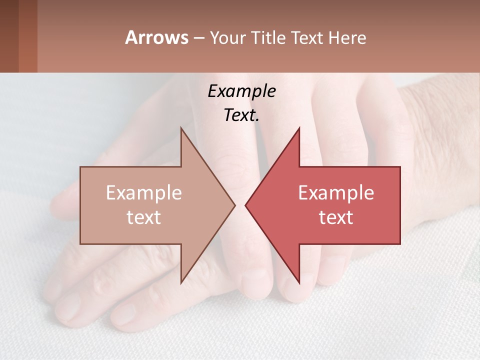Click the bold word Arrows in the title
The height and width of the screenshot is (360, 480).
(x=156, y=37)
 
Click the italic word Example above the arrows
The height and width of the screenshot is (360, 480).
(x=241, y=91)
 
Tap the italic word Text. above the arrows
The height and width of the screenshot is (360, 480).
(x=241, y=115)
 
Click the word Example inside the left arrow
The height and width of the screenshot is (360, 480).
(x=144, y=193)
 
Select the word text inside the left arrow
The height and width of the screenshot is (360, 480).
(x=144, y=217)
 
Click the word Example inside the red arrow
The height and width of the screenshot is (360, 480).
(x=336, y=193)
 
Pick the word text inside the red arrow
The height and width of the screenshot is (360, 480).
(x=336, y=217)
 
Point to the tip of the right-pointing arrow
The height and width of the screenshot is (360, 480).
(x=235, y=205)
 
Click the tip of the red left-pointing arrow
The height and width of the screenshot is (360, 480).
(x=245, y=205)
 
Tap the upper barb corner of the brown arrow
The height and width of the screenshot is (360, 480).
(x=181, y=128)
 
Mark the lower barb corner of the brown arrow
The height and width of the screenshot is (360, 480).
(x=181, y=282)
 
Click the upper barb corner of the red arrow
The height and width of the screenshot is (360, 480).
(x=299, y=128)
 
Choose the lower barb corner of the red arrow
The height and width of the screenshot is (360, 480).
(x=299, y=282)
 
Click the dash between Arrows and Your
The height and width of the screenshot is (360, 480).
(x=198, y=38)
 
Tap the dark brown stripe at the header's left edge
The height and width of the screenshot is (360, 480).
(x=9, y=36)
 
